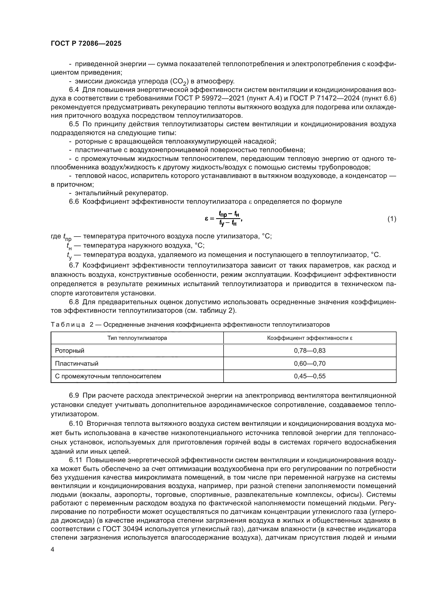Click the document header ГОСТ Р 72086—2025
tap(86, 44)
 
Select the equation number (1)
tap(392, 219)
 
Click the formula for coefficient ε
tap(223, 219)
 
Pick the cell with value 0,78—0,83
tap(310, 351)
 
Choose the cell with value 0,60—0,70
tap(310, 364)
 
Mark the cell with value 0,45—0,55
tap(310, 376)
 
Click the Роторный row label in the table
tap(70, 351)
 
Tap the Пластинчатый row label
tap(76, 364)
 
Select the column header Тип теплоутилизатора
tap(137, 338)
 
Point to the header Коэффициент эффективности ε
tap(310, 338)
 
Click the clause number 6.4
tap(74, 90)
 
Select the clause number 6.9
tap(74, 395)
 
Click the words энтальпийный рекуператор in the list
tap(122, 193)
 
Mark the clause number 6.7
tap(74, 265)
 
